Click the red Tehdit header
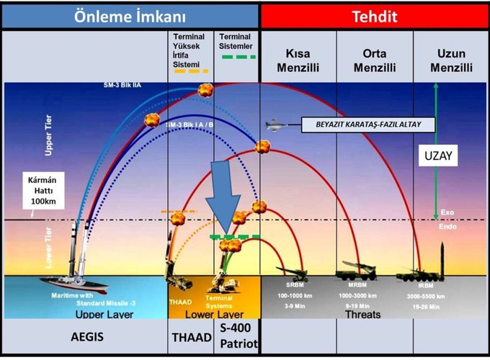(x=375, y=17)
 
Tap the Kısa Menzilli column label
(x=298, y=60)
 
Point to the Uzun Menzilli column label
(x=450, y=60)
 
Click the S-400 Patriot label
(x=237, y=336)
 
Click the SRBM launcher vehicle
(x=292, y=272)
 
